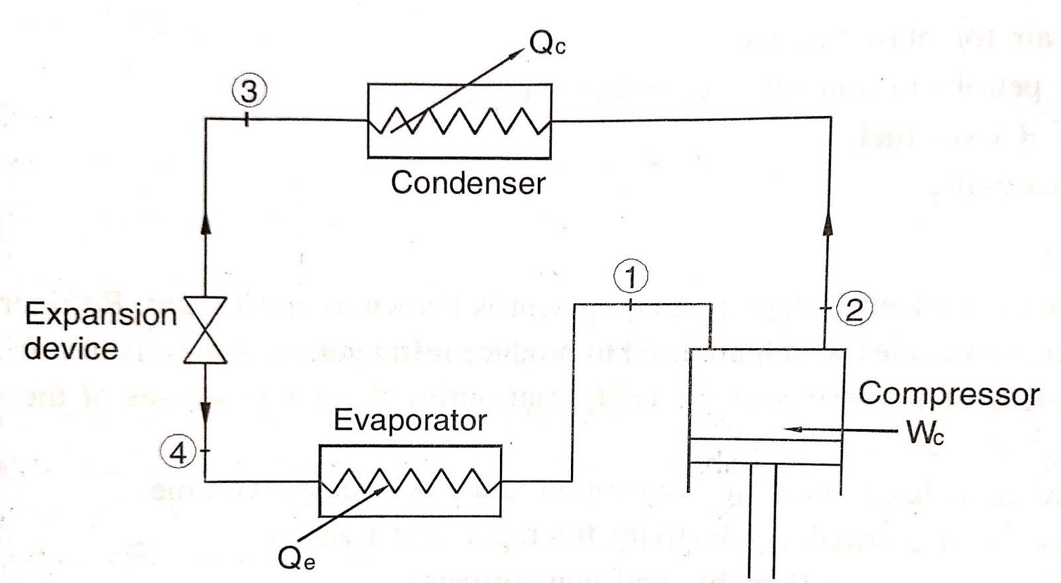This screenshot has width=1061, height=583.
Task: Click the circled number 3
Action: pos(249,92)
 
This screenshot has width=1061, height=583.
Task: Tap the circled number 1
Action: pos(631,277)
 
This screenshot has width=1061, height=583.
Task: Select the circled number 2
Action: pos(854,310)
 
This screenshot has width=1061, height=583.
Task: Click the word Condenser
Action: pos(468,182)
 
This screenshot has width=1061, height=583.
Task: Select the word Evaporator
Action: pos(410,420)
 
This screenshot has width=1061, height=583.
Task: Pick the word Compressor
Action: pos(948,394)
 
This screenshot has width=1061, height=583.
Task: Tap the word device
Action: pos(71,348)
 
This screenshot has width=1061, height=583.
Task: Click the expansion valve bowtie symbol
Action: pos(205,330)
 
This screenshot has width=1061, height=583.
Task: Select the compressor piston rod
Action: pos(763,524)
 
